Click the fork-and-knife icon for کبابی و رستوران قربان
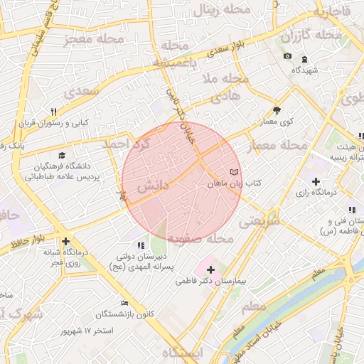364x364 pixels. pyautogui.click(x=53, y=112)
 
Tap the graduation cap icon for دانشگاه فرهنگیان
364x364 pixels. pyautogui.click(x=62, y=155)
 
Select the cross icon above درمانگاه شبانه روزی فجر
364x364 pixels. pyautogui.click(x=66, y=242)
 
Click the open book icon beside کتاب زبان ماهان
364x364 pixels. pyautogui.click(x=235, y=173)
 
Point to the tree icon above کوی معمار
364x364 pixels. pyautogui.click(x=277, y=110)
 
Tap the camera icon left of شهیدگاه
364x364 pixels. pyautogui.click(x=287, y=56)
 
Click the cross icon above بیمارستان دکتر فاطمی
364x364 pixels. pyautogui.click(x=210, y=269)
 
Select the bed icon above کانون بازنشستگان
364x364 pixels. pyautogui.click(x=125, y=303)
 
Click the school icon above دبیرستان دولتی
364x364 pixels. pyautogui.click(x=139, y=245)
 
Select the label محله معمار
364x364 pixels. pyautogui.click(x=277, y=146)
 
